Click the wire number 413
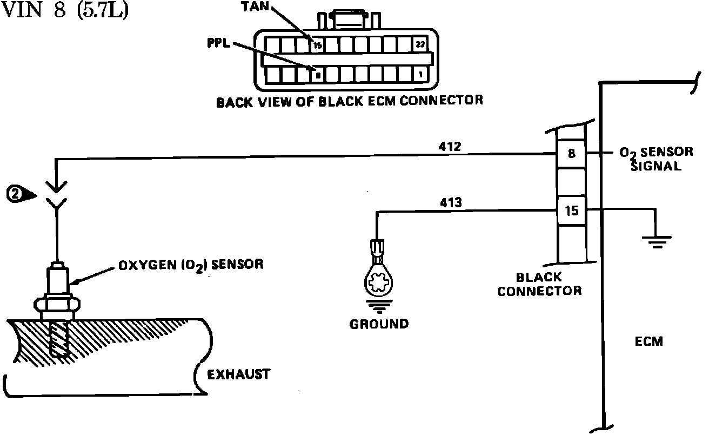tap(451, 203)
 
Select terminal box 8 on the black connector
tap(572, 154)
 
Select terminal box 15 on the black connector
tap(572, 211)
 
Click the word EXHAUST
tap(239, 374)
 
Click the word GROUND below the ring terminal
tap(379, 324)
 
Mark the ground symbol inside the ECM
tap(657, 239)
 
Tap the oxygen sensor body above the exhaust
tap(58, 281)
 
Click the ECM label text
tap(648, 341)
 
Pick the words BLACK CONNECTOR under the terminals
tap(539, 284)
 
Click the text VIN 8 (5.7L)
tap(65, 11)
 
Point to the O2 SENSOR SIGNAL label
tap(656, 159)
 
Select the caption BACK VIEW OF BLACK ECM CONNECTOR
tap(349, 101)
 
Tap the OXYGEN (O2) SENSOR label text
tap(191, 265)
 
